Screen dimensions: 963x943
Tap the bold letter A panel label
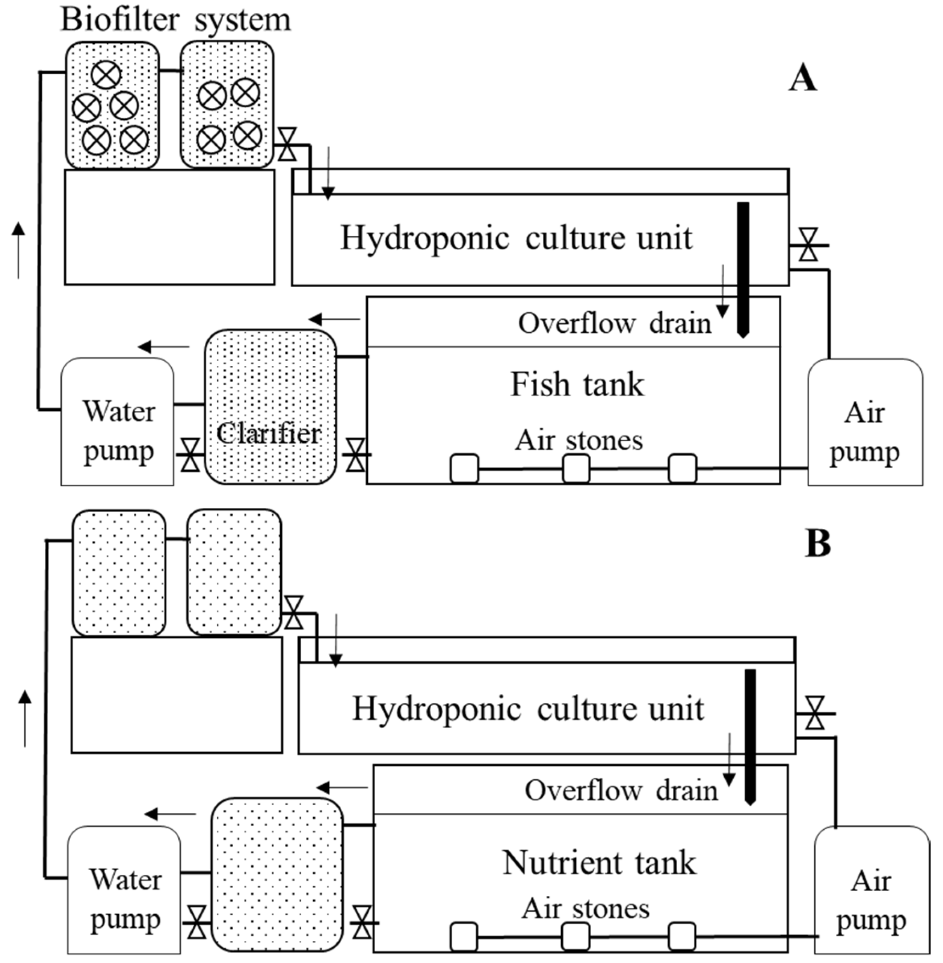pos(802,79)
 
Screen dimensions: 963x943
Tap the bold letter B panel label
pos(818,544)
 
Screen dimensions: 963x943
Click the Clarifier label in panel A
pos(269,433)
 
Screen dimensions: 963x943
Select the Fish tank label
pos(577,385)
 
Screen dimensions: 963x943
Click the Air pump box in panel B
pos(871,892)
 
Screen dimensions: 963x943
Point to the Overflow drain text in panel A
pos(614,324)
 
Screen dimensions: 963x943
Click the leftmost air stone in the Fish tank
pos(464,468)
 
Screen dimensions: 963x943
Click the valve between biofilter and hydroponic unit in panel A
pos(287,144)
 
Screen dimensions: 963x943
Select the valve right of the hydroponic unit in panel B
pos(815,713)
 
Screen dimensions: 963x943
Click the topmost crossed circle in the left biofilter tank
pos(106,75)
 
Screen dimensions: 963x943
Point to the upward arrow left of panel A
pos(18,250)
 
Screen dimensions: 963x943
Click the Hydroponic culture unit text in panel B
pos(527,709)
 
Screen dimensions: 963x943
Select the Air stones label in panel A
pos(579,440)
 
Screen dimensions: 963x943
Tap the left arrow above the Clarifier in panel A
pos(334,319)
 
